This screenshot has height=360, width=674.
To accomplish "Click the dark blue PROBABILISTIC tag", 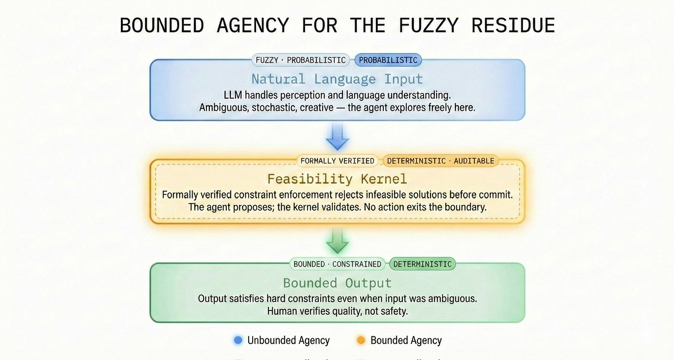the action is point(388,60).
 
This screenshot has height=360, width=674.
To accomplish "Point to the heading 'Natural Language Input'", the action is point(337,79).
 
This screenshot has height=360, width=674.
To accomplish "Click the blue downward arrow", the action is point(337,137).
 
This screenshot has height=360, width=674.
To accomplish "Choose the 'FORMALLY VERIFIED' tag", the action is point(337,161).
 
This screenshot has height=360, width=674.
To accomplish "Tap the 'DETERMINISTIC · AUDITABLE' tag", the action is point(440,161).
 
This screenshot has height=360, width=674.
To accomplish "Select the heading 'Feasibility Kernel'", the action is point(337,179).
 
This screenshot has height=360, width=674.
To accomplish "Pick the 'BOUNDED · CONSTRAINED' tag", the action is point(337,264).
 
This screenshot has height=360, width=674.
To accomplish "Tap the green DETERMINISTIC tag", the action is point(422,264).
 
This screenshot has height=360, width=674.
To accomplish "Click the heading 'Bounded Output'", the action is point(337,283).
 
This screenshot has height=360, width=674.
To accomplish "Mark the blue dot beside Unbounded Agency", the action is point(238,341).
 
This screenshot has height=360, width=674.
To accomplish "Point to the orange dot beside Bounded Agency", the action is point(361,341).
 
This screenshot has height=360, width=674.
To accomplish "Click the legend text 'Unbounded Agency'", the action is point(288,341).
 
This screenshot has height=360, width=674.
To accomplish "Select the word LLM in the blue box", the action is point(233,95).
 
